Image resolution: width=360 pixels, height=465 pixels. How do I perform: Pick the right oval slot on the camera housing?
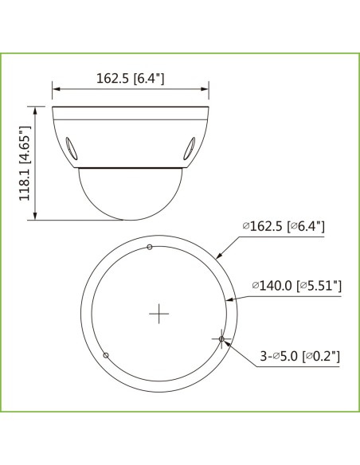pos(192,148)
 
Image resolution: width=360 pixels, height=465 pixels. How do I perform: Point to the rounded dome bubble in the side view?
pos(131,194)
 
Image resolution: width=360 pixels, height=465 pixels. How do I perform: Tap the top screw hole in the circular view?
pos(151,248)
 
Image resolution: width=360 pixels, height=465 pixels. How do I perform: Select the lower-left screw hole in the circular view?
pos(107,354)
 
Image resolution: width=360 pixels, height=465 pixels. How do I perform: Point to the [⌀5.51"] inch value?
pos(319,285)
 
